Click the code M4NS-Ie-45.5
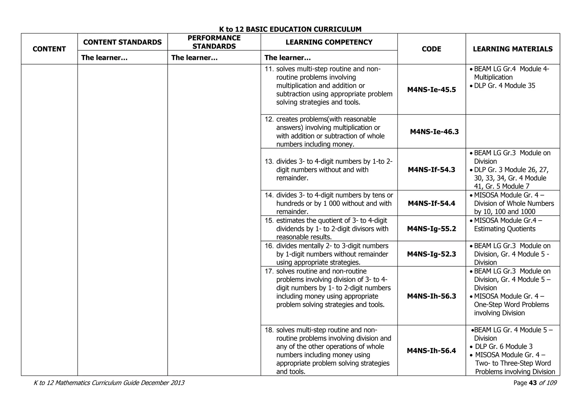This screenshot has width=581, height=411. pyautogui.click(x=431, y=90)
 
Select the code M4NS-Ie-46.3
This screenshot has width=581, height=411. pyautogui.click(x=434, y=132)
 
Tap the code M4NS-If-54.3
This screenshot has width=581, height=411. pyautogui.click(x=431, y=170)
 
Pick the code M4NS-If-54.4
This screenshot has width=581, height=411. pyautogui.click(x=431, y=203)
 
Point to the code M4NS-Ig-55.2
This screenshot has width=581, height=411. pyautogui.click(x=431, y=229)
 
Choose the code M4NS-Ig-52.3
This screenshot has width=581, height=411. pyautogui.click(x=431, y=254)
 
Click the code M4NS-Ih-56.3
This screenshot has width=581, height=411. pyautogui.click(x=431, y=296)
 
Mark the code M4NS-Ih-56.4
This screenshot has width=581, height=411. pyautogui.click(x=431, y=351)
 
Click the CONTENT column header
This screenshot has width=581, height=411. pyautogui.click(x=49, y=49)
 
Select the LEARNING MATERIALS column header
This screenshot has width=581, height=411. pyautogui.click(x=513, y=49)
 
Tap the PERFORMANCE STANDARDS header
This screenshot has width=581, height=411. pyautogui.click(x=214, y=42)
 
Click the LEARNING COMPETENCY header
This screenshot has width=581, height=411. pyautogui.click(x=329, y=42)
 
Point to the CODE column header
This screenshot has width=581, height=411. pyautogui.click(x=431, y=49)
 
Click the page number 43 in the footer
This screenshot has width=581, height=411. pyautogui.click(x=533, y=383)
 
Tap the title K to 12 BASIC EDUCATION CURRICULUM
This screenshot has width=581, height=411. pyautogui.click(x=290, y=29)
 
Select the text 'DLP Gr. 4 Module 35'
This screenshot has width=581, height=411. pyautogui.click(x=505, y=86)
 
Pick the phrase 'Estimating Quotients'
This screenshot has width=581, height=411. pyautogui.click(x=505, y=229)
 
